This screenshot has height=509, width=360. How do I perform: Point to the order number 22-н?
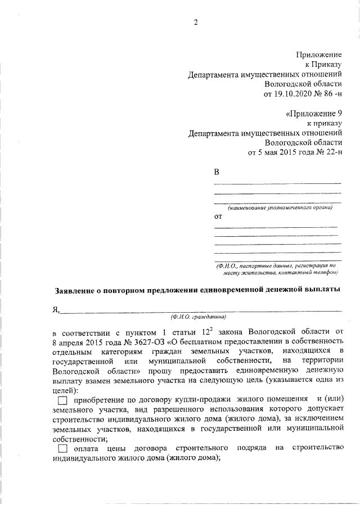pyautogui.click(x=330, y=152)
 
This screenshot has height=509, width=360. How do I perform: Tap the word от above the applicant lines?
pyautogui.click(x=218, y=216)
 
